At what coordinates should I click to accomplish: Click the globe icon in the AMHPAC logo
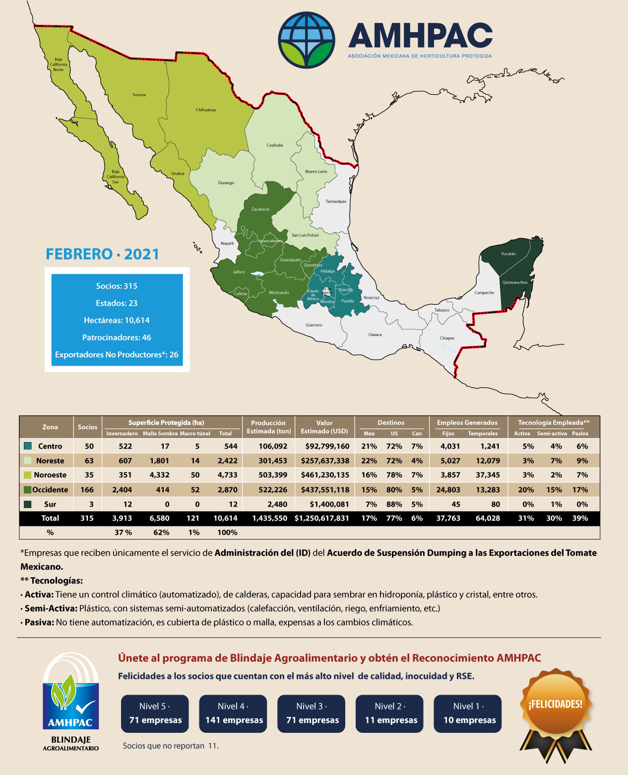307,40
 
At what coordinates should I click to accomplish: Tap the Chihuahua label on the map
205,110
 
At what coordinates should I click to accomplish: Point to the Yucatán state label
508,254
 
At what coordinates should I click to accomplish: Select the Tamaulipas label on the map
336,201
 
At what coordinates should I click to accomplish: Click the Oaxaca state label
375,334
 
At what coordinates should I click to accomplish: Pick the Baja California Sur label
115,177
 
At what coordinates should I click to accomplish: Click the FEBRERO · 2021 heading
103,254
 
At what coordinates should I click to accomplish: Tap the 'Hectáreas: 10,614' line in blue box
117,320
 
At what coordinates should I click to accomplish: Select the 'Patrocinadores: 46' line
117,337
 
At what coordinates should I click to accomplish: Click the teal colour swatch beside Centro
28,446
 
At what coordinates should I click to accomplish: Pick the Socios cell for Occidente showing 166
87,490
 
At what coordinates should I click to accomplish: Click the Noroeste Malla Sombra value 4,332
159,475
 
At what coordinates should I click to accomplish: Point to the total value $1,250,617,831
322,518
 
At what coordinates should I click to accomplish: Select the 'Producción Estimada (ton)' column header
268,427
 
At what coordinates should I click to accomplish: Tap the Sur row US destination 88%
394,504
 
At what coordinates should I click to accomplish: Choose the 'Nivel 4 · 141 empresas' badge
233,713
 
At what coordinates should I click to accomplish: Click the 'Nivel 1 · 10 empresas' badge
468,713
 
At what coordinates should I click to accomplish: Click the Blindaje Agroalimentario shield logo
70,700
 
